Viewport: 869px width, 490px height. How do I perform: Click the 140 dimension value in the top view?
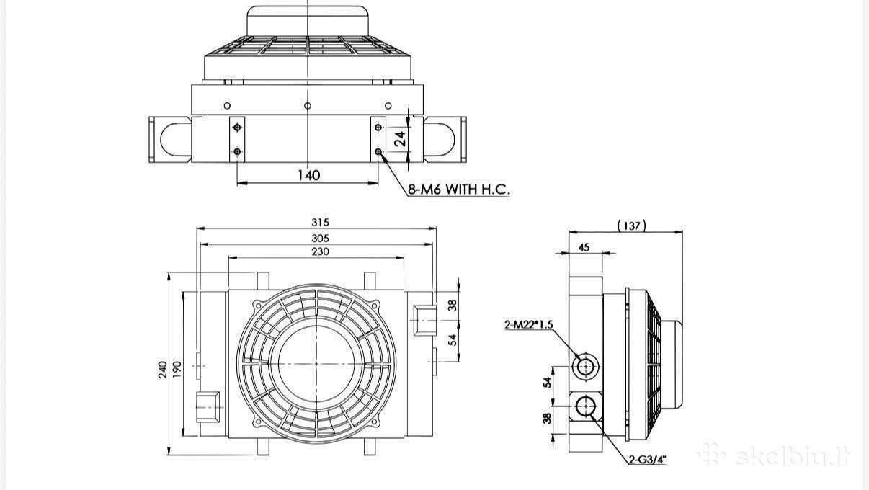click(309, 175)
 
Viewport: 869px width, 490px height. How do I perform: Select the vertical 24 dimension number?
click(400, 138)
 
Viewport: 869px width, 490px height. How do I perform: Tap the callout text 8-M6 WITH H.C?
click(458, 190)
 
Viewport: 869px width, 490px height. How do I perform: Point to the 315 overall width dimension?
click(320, 223)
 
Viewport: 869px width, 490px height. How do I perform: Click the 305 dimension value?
click(320, 239)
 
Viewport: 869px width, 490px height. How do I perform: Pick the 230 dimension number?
click(320, 251)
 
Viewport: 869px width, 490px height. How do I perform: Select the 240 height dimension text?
click(163, 370)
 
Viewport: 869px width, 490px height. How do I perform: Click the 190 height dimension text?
click(177, 370)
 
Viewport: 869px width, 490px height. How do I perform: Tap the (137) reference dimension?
click(632, 226)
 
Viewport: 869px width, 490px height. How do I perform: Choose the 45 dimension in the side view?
click(584, 247)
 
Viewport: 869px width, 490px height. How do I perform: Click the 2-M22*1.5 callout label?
click(528, 324)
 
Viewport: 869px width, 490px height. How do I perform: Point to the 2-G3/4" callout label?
click(647, 460)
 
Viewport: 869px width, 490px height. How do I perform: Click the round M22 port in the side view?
click(585, 366)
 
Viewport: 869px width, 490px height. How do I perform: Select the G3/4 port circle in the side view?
click(585, 407)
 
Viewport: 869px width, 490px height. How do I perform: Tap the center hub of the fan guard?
click(316, 363)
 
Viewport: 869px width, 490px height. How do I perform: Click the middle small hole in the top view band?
click(308, 105)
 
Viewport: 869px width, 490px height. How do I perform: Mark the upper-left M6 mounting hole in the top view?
click(237, 128)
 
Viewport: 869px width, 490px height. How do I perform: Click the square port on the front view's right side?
click(424, 321)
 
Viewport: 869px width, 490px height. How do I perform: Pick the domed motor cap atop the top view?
click(308, 21)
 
